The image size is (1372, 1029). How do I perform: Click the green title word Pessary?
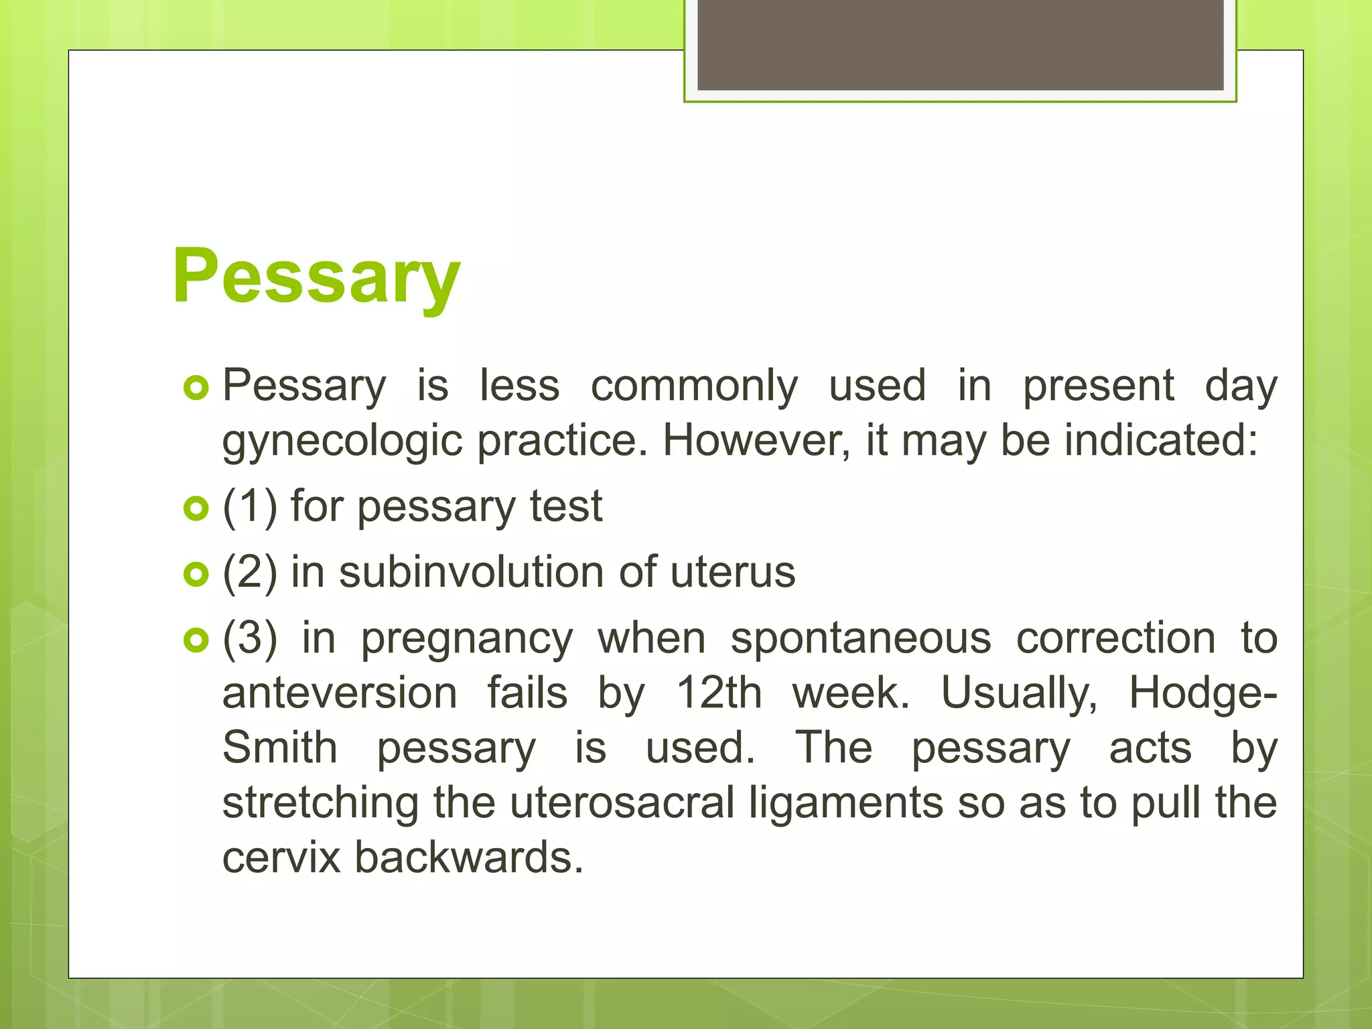[x=316, y=276]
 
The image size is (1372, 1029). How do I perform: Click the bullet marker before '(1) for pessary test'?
[x=196, y=508]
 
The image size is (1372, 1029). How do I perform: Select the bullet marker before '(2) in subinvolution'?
[x=196, y=574]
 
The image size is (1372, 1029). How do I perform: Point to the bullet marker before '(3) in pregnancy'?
[x=196, y=640]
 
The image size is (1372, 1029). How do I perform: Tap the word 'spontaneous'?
[x=860, y=638]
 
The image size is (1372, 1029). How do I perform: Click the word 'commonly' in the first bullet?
[x=694, y=386]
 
